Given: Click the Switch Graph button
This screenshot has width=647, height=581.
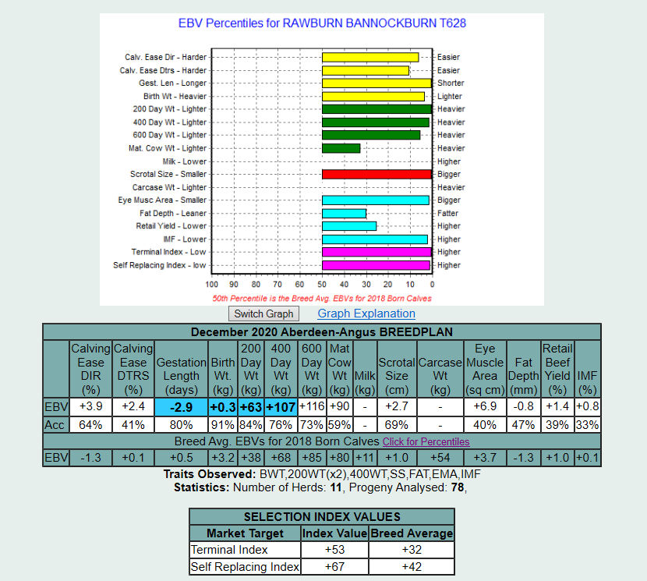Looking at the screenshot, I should pos(264,314).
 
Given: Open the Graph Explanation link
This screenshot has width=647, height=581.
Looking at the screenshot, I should pos(366,314).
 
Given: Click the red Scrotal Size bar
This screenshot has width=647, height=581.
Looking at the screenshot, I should pos(377,174).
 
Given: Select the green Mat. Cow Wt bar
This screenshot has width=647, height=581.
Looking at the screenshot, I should pos(341,148).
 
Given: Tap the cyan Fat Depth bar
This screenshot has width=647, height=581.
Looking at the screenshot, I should pos(344,213).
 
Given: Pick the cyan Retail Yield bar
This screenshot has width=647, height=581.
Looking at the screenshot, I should pos(349,226).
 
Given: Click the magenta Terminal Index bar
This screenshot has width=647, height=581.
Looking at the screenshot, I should pos(377,252).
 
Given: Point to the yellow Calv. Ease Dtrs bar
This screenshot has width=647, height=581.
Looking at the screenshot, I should pos(366,70).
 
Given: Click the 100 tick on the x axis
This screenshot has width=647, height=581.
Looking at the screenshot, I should pos(211,285).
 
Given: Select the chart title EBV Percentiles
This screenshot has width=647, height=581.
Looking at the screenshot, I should pos(322,23).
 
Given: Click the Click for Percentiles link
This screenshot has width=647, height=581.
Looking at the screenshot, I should pos(426,441).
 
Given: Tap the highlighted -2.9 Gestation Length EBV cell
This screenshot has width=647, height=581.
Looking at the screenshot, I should pos(182,407).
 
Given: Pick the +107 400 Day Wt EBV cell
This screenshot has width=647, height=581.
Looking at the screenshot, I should pos(281,407).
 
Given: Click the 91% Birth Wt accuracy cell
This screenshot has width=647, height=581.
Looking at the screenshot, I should pos(222,425).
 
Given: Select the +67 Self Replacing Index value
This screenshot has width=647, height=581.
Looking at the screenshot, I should pos(335,567).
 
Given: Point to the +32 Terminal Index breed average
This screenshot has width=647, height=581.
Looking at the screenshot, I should pos(412,550).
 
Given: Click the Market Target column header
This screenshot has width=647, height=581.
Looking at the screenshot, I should pos(246,533).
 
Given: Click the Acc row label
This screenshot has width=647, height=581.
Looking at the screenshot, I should pos(55,425).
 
